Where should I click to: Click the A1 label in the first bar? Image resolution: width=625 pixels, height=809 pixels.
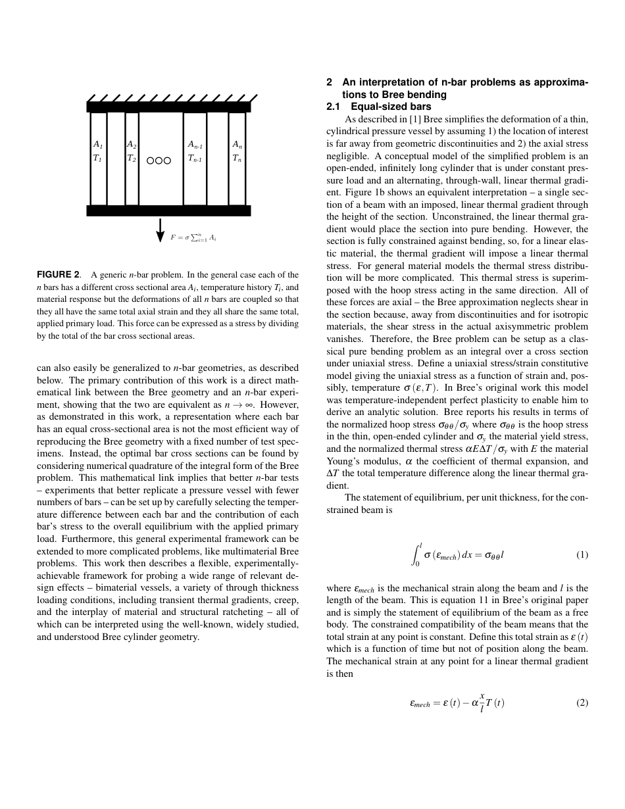pyautogui.click(x=97, y=144)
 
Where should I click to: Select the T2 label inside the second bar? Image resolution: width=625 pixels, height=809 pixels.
pyautogui.click(x=132, y=159)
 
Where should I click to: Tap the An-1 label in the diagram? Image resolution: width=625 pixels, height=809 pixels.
pyautogui.click(x=195, y=144)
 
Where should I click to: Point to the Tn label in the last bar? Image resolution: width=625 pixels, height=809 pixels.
pyautogui.click(x=237, y=159)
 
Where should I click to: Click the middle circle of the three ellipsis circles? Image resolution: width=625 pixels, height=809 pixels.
pyautogui.click(x=159, y=160)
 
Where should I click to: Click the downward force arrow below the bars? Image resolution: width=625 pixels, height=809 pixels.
pyautogui.click(x=160, y=230)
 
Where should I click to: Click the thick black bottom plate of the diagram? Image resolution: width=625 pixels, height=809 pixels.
pyautogui.click(x=168, y=210)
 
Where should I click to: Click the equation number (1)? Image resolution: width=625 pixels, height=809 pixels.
pyautogui.click(x=582, y=554)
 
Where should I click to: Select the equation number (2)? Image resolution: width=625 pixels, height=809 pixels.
pyautogui.click(x=582, y=702)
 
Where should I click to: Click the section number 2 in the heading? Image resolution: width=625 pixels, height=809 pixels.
pyautogui.click(x=329, y=82)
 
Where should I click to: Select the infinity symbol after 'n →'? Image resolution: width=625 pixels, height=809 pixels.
pyautogui.click(x=252, y=404)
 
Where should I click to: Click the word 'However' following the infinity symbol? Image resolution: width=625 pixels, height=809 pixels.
pyautogui.click(x=279, y=404)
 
